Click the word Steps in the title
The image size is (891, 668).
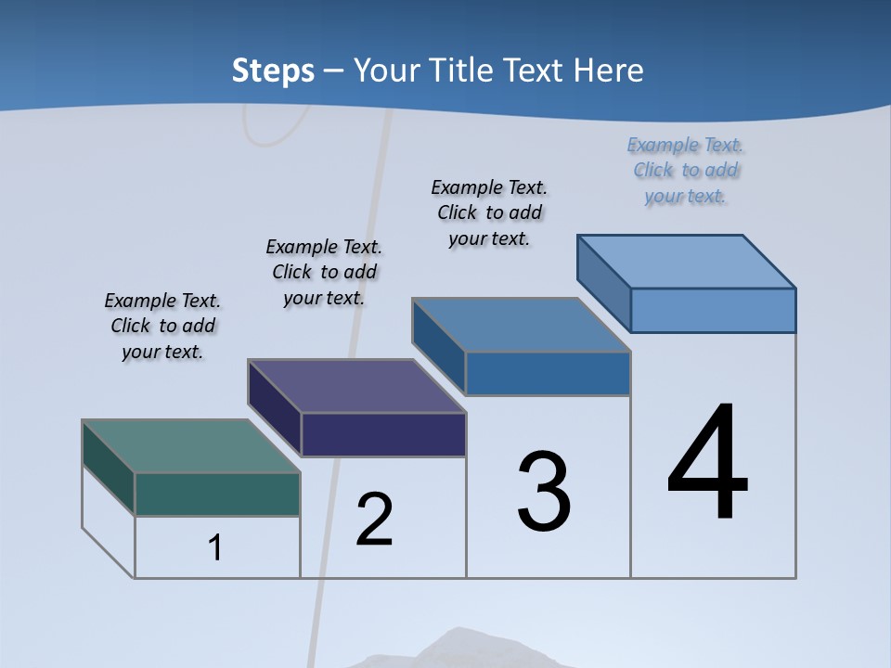273,71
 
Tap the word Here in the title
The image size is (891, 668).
609,71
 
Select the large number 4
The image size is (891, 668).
707,463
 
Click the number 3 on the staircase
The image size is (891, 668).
544,492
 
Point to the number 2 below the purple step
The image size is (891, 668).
375,519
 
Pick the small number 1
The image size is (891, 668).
215,547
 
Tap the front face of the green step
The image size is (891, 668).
217,494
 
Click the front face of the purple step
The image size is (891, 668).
383,434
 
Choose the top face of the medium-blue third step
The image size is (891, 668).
521,325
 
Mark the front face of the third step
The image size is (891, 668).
548,373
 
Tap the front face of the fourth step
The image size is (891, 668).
713,310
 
